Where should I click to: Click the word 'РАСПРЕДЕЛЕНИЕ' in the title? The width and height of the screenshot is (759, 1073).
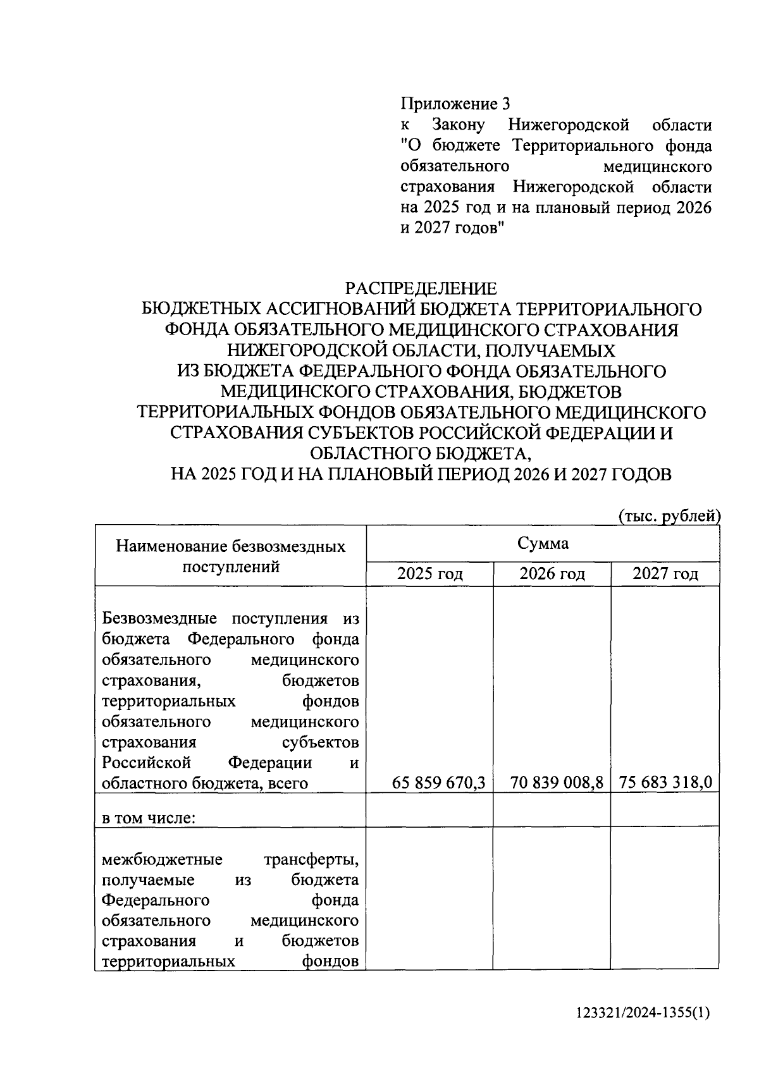(420, 289)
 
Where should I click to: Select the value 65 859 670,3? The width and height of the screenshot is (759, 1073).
(438, 783)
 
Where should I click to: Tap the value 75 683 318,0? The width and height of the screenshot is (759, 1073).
(665, 783)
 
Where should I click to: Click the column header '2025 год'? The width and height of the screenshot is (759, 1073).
(429, 573)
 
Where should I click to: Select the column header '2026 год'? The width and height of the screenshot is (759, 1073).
(552, 573)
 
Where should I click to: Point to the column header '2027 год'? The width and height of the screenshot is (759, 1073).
(665, 573)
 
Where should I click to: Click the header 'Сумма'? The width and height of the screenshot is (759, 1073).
(543, 543)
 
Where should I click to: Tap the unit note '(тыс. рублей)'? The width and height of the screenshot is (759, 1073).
(669, 517)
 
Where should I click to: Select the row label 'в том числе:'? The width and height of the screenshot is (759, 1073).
(148, 818)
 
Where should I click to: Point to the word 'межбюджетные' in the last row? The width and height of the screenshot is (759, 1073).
(162, 860)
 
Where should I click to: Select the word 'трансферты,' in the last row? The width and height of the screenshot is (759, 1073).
(311, 860)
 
